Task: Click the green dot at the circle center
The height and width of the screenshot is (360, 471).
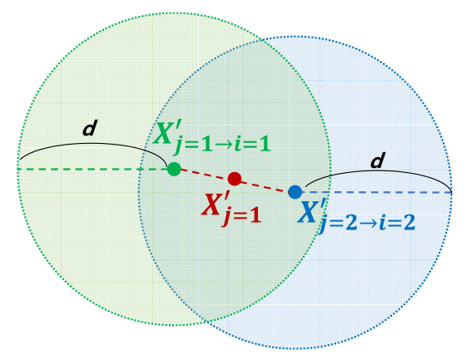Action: click(x=174, y=170)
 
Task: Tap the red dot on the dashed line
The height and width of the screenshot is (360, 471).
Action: click(x=235, y=179)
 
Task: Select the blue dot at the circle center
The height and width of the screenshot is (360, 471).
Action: click(x=295, y=192)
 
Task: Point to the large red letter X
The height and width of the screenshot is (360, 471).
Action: click(x=211, y=205)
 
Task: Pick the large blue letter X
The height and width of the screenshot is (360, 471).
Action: click(x=307, y=212)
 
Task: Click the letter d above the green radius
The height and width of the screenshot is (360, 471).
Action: click(x=90, y=128)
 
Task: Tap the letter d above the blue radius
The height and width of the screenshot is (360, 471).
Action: click(x=378, y=160)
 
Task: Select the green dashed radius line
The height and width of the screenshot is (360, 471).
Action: click(x=92, y=170)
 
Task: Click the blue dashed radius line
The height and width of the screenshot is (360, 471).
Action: click(x=377, y=192)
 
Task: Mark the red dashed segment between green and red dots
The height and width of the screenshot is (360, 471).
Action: click(x=204, y=174)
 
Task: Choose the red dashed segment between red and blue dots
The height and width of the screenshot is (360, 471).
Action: click(x=265, y=186)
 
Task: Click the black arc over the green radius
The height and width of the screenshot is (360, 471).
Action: click(x=94, y=144)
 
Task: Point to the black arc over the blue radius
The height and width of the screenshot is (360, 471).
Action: click(x=378, y=171)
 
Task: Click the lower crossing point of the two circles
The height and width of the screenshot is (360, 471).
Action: click(x=206, y=321)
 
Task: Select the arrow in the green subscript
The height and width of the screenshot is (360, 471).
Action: click(x=222, y=145)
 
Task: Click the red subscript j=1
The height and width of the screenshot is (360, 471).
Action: click(x=241, y=215)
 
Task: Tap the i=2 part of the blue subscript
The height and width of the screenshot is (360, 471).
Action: click(x=397, y=222)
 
